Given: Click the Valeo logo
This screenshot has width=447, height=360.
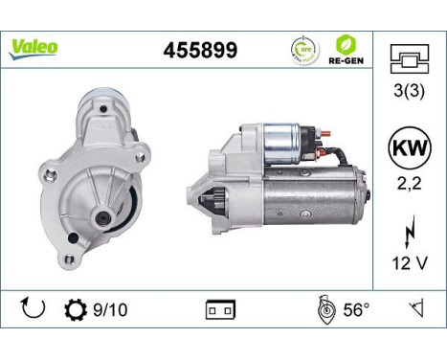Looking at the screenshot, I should click(34, 47).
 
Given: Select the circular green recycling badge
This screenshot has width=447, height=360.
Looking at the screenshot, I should click(304, 50).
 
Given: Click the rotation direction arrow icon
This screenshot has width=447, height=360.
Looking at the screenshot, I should click(32, 308).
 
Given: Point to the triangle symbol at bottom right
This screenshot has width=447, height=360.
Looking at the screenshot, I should click(415, 308).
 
